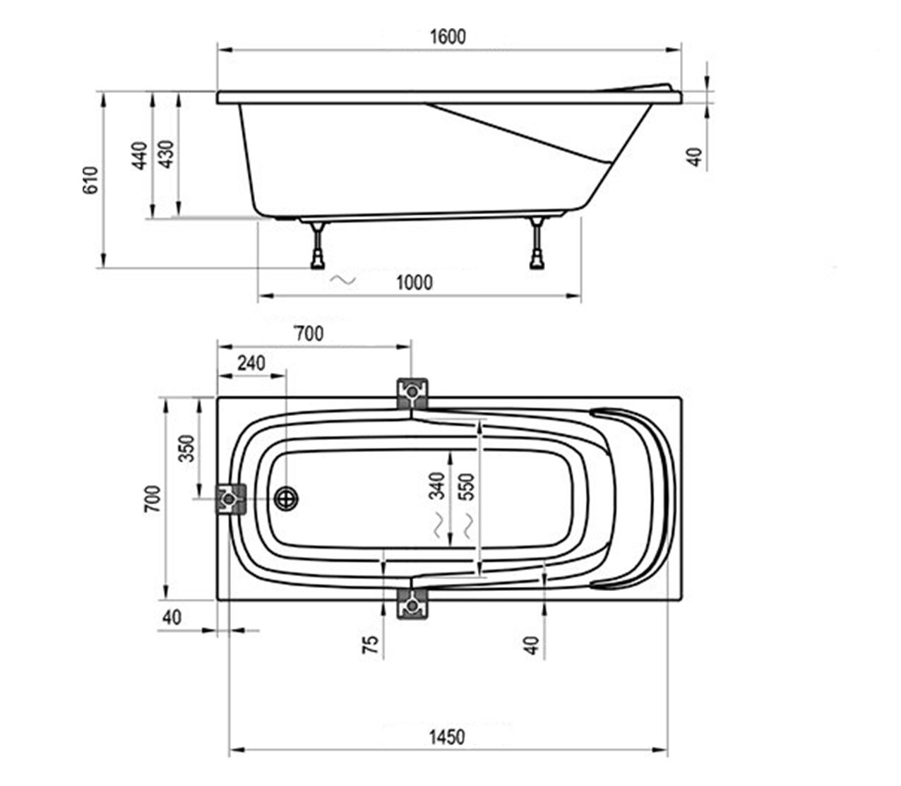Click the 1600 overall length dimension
coord(448,37)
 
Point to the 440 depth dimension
coord(140,155)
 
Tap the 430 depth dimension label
coord(167,154)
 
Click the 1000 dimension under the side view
coord(414,282)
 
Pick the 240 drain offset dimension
coord(251,363)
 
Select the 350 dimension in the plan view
coord(186,448)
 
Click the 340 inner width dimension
coord(437,485)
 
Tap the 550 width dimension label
coord(466,487)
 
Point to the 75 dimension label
coord(370,645)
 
